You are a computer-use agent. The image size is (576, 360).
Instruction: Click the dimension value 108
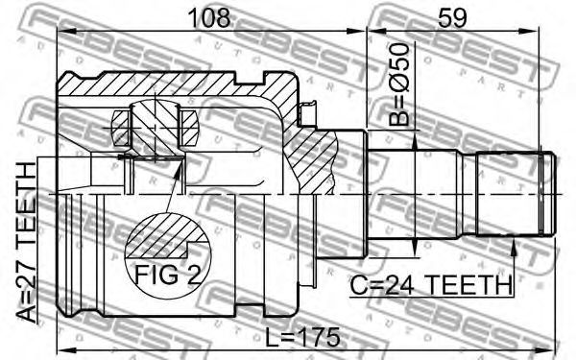(x=209, y=17)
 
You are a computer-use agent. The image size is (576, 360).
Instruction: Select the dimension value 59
(x=452, y=17)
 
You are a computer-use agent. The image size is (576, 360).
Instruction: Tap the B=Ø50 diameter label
(x=398, y=84)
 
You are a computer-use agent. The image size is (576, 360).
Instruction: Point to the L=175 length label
(x=302, y=337)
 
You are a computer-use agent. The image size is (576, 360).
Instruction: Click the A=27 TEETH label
(x=27, y=243)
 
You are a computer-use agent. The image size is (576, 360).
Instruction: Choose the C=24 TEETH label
(x=430, y=285)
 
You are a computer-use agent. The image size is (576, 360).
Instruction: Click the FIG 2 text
(x=168, y=274)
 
